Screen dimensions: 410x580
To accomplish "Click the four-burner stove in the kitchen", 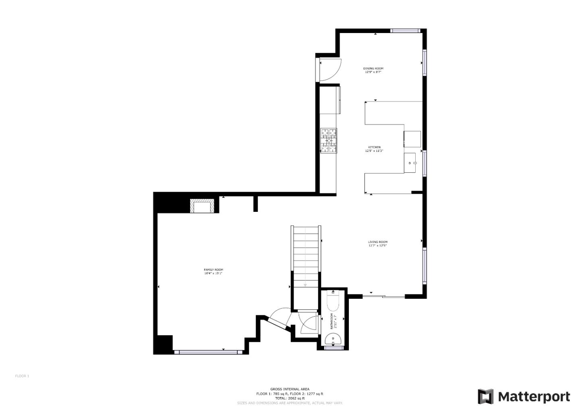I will click(329, 141).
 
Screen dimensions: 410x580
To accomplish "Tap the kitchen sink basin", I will click(410, 163).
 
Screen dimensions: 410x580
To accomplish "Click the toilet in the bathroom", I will click(333, 301).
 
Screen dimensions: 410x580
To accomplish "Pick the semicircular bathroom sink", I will click(333, 340).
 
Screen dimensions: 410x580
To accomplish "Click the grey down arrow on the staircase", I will click(305, 285).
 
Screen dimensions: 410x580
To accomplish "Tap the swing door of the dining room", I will click(329, 70).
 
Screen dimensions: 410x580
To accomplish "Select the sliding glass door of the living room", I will click(383, 297).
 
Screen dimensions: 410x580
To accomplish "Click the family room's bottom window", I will click(208, 352).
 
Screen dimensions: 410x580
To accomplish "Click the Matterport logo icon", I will click(485, 397).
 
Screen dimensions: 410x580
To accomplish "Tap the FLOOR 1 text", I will click(22, 376).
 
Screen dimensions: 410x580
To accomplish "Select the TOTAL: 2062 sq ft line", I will click(290, 398).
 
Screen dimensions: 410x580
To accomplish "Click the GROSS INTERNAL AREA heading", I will click(290, 389).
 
